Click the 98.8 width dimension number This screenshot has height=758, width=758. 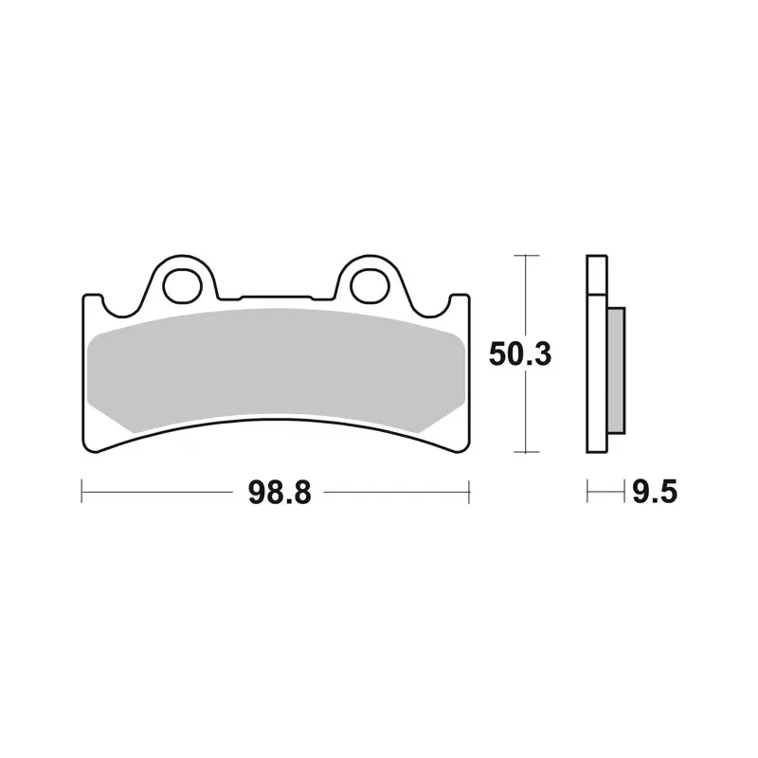click(x=280, y=493)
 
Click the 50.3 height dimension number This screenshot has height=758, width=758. click(x=519, y=353)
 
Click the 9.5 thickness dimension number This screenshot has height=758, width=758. click(x=655, y=493)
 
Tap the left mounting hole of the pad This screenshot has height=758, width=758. click(x=182, y=287)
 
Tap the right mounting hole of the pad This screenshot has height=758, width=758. click(x=370, y=287)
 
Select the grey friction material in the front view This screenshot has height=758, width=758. click(x=276, y=370)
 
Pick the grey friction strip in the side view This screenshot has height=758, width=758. click(x=616, y=370)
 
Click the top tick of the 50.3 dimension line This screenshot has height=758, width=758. click(x=526, y=255)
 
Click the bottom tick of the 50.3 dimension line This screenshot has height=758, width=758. click(x=526, y=452)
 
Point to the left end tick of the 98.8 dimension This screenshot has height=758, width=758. click(x=81, y=492)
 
